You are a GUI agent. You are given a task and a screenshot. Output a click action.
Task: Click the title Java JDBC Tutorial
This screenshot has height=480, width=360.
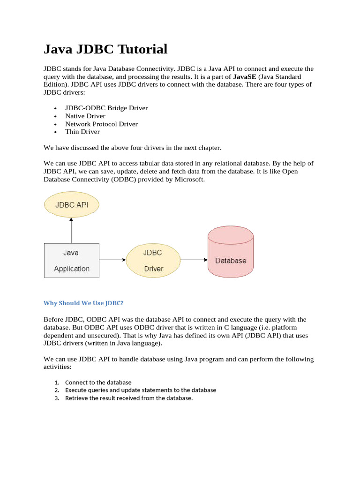click(105, 49)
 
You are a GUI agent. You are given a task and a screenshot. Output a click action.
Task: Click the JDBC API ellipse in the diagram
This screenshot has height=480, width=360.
click(71, 205)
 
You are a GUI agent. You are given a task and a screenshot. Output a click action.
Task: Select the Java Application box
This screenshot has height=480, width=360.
click(71, 260)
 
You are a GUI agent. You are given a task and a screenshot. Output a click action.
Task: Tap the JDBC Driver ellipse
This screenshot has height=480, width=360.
click(153, 260)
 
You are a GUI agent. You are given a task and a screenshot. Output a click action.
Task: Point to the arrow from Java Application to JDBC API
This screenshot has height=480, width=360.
click(71, 231)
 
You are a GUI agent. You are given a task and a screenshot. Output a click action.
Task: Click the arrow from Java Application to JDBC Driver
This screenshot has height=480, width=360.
click(112, 260)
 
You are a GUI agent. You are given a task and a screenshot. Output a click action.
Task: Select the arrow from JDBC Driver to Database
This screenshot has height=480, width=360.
click(194, 260)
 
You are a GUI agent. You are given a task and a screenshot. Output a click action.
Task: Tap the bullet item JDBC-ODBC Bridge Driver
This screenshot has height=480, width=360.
click(106, 108)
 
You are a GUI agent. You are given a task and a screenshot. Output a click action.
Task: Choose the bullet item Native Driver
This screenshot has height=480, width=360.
click(85, 116)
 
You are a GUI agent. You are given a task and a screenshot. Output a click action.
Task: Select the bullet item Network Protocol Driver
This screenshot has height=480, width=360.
click(101, 124)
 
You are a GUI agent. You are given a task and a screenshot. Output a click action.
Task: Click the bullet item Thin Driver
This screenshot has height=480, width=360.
click(82, 132)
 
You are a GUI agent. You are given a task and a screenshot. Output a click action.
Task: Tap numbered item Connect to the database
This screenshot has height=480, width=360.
click(98, 382)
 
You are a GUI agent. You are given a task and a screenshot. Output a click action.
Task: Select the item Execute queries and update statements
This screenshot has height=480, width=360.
click(141, 390)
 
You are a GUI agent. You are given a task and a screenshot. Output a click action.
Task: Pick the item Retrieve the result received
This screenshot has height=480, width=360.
click(129, 398)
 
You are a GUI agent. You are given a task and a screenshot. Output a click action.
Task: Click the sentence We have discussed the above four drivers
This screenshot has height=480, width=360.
click(132, 148)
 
